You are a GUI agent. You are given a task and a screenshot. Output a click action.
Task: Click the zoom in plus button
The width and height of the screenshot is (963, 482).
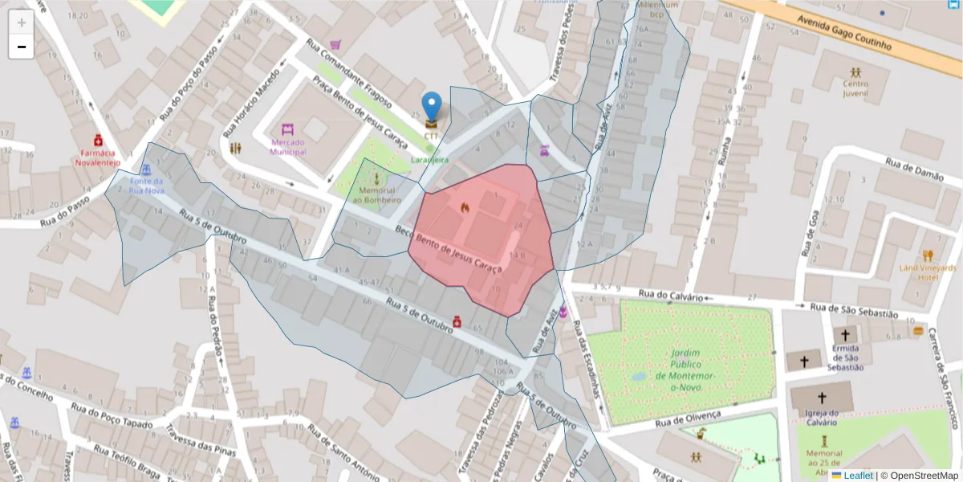pos(21,22)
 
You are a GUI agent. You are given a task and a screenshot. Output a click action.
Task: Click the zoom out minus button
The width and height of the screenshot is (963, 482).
pos(21,47)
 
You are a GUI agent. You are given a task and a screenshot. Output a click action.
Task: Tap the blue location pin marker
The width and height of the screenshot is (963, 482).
pos(432,107)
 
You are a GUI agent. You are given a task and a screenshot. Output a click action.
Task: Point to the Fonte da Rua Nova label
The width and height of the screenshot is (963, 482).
pos(146,186)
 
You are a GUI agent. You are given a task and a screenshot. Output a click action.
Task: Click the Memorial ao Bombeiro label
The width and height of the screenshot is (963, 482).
pos(374,194)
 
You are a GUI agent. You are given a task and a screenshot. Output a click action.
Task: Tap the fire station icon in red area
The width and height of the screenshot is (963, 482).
pos(464,207)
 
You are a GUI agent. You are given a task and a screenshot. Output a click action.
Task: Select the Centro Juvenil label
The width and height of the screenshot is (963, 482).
pos(855,88)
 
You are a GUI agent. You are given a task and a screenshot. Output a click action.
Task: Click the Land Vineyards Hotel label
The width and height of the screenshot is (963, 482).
pos(928,272)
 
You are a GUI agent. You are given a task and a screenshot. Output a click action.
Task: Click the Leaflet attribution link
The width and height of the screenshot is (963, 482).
pos(858,476)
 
